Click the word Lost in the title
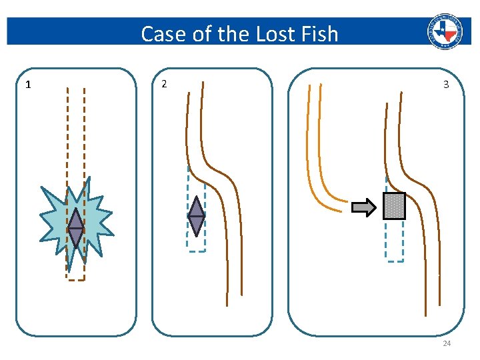[261, 33]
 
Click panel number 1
[27, 85]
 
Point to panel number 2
[165, 83]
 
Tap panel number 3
[446, 85]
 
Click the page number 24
[447, 343]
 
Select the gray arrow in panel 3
[364, 208]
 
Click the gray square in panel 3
[394, 206]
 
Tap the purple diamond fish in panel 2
[196, 217]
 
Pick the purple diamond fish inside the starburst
[76, 229]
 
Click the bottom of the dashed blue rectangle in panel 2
[196, 251]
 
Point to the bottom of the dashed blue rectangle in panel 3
[395, 261]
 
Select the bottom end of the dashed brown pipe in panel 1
[76, 279]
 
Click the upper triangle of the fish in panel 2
[196, 208]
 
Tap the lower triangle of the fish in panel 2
[196, 225]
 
